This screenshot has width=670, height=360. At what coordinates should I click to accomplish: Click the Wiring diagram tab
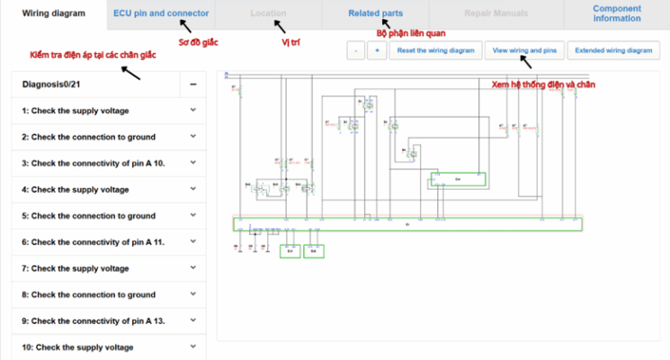coord(54,13)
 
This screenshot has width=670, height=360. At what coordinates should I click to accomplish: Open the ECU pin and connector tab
coord(161,13)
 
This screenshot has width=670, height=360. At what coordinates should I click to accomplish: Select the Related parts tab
coord(375,13)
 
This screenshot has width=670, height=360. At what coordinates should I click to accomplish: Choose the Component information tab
coord(617,13)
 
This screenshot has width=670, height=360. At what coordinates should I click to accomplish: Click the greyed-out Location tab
coord(269,13)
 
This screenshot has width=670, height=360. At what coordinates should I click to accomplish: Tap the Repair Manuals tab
coord(496,13)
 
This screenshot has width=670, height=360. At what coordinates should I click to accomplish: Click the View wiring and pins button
coord(525,50)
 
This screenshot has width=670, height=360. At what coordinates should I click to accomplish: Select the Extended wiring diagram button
coord(613,50)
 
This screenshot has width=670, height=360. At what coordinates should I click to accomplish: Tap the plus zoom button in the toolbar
coord(377,50)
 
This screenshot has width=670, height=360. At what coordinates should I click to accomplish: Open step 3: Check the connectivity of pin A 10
coord(98,163)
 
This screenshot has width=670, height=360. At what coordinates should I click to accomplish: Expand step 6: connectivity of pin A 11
coord(98,242)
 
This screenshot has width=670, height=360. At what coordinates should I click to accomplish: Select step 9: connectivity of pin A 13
coord(98,320)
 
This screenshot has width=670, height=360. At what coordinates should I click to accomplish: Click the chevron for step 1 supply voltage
coord(193,111)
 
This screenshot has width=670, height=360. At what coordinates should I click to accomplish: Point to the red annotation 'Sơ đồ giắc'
coord(198,42)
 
